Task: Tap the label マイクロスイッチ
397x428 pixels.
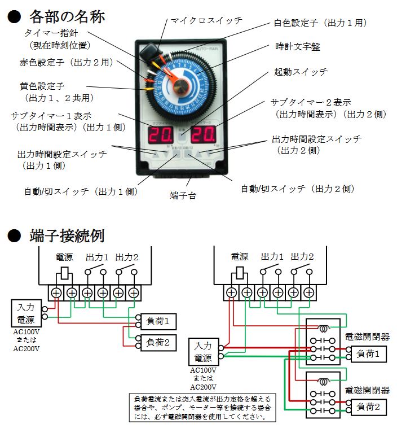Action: coord(206,20)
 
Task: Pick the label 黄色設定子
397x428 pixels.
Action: coord(42,86)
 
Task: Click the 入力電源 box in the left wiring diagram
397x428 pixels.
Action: coord(25,313)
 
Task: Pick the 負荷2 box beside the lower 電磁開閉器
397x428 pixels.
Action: coord(369,405)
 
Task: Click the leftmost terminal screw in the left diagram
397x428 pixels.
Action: coord(57,292)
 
